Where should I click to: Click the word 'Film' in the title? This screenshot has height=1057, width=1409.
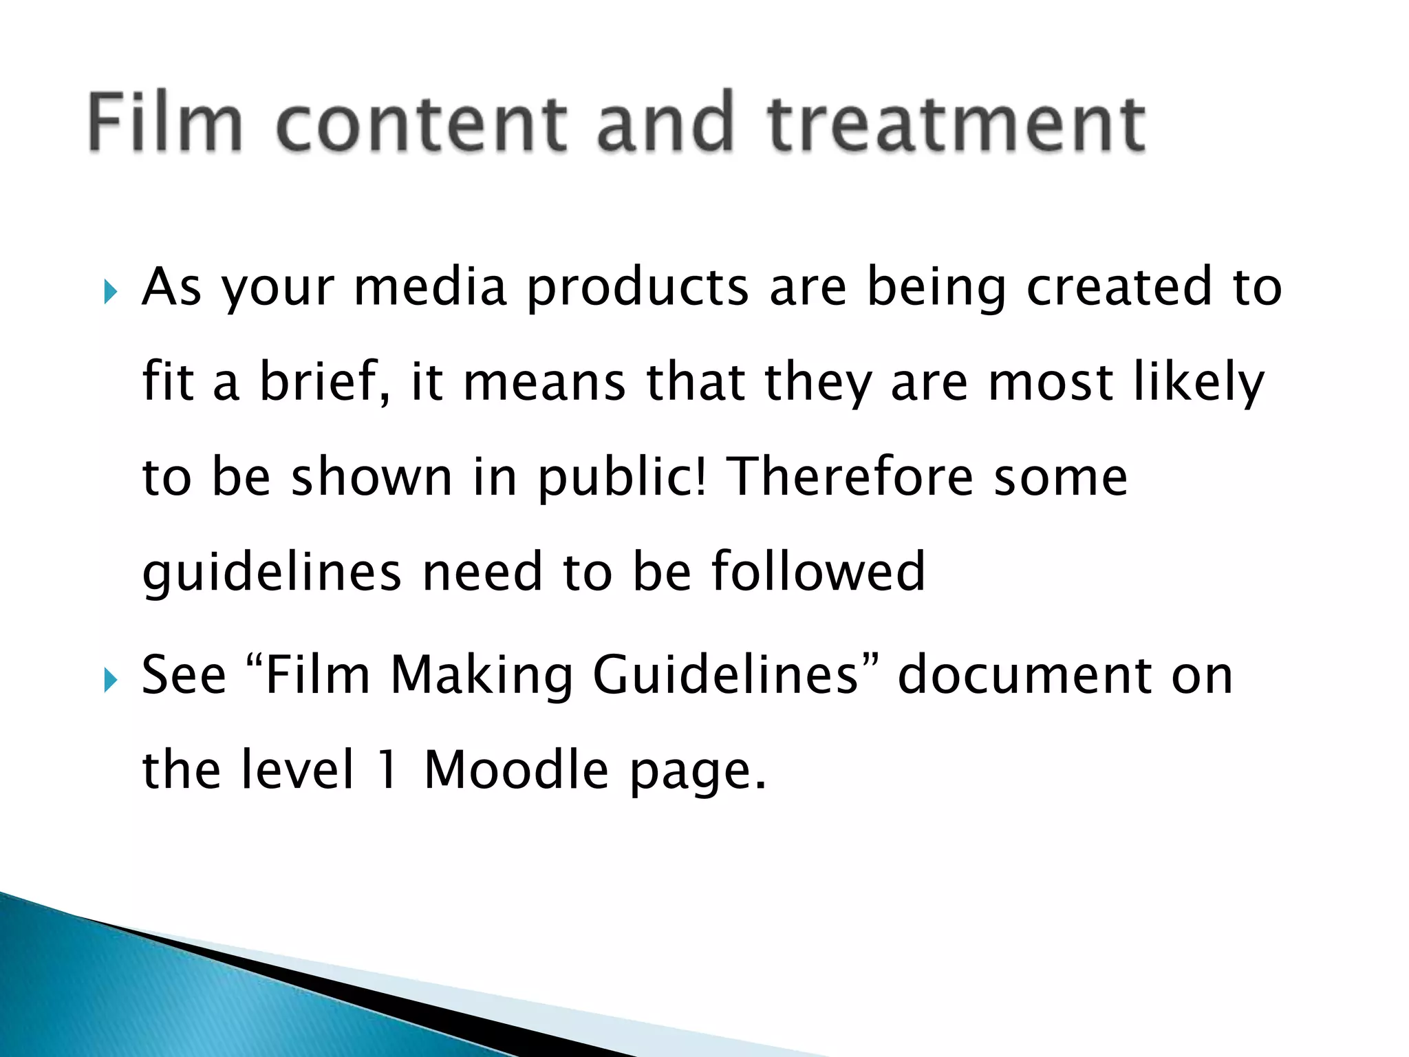[166, 124]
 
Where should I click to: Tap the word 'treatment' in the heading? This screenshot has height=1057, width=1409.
[956, 124]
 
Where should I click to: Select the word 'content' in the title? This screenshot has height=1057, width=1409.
[422, 124]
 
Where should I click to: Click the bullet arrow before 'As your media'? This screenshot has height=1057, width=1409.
[110, 292]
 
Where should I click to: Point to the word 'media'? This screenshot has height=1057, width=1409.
[430, 287]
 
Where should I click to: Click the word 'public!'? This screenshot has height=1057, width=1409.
[622, 478]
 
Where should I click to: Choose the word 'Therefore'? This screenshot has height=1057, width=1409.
[850, 476]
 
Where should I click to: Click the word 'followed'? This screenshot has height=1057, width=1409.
[818, 571]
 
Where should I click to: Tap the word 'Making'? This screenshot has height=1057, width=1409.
[482, 676]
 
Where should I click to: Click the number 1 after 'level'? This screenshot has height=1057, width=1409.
[388, 769]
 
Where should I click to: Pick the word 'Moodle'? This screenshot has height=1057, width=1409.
[516, 769]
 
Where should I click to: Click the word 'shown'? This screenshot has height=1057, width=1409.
[372, 476]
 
